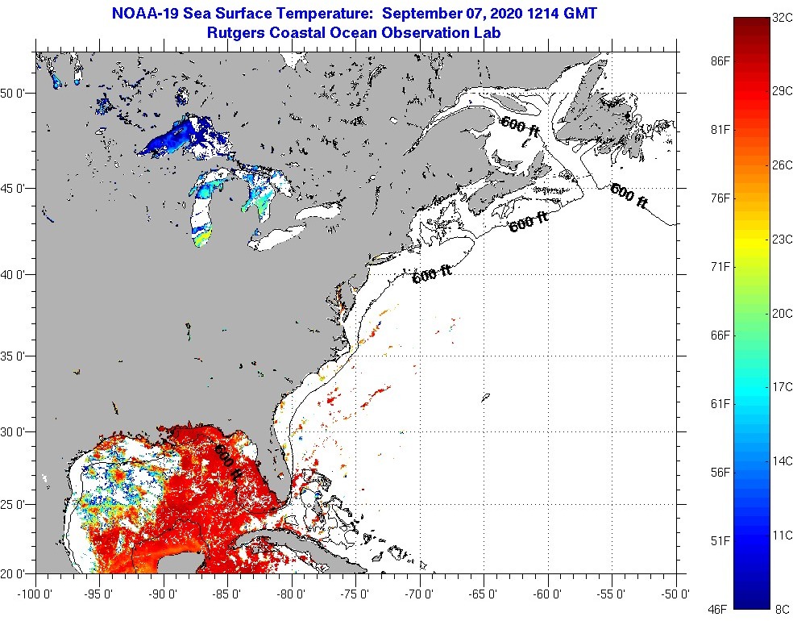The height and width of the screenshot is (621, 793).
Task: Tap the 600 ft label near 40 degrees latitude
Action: pos(432,275)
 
